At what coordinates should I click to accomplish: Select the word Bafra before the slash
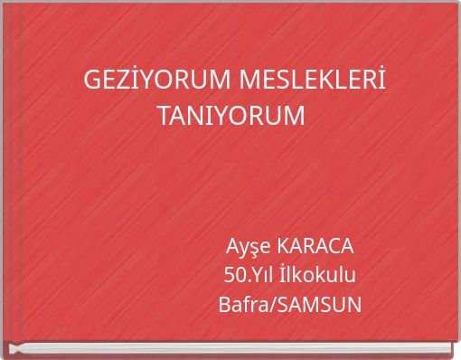[x=243, y=304]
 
